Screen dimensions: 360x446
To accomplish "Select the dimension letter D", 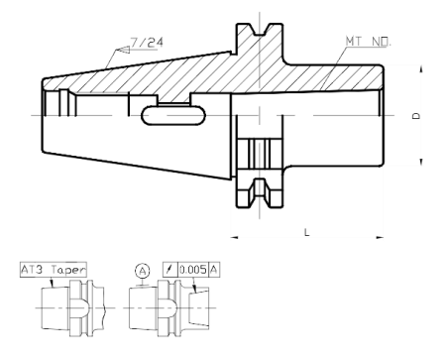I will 417,116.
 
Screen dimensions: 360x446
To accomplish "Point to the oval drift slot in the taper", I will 174,115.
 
